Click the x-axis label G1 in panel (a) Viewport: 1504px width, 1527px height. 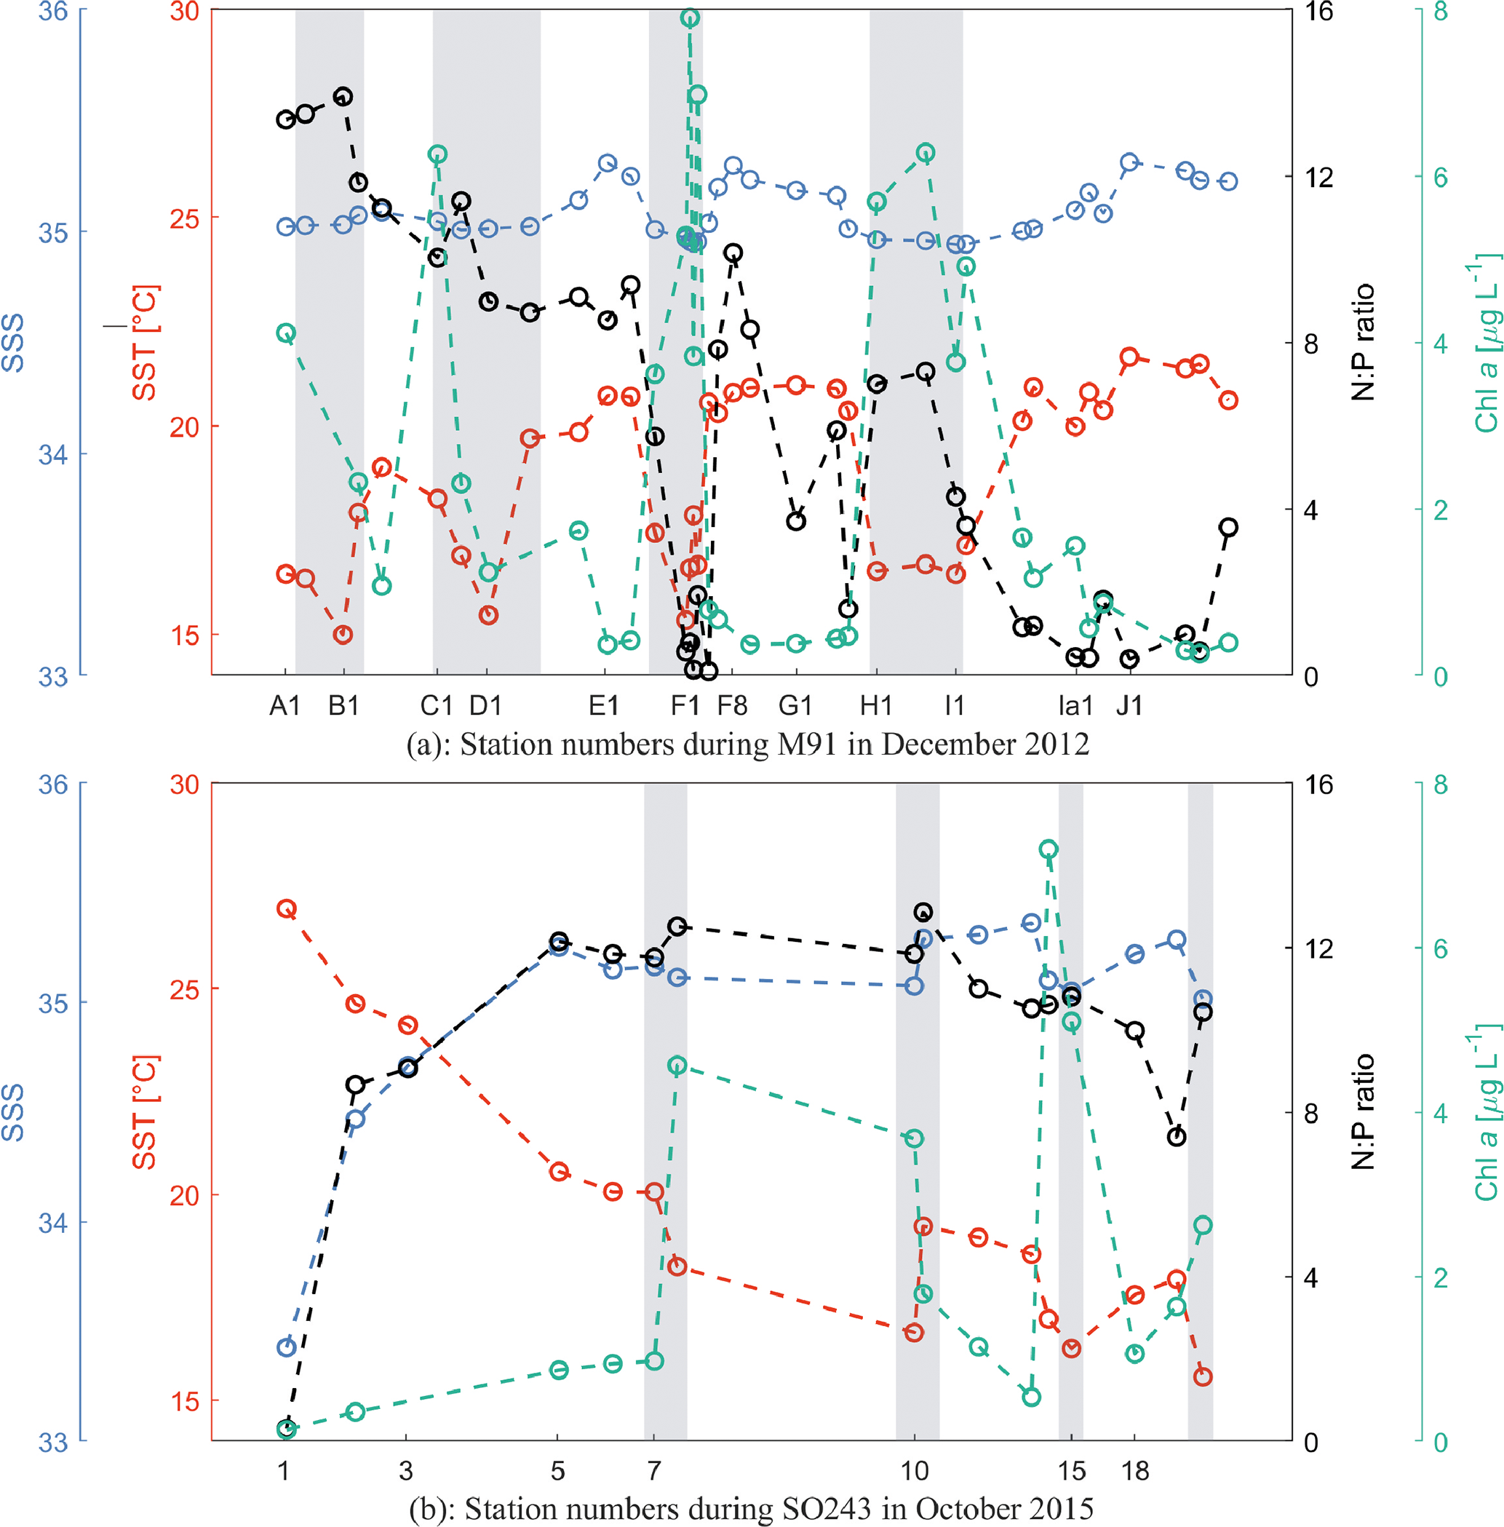tap(795, 705)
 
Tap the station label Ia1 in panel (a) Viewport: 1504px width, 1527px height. tap(1075, 705)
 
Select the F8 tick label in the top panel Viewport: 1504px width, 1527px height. tap(732, 705)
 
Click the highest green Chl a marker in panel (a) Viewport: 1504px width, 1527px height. tap(690, 18)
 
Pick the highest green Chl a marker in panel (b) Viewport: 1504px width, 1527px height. tap(1049, 850)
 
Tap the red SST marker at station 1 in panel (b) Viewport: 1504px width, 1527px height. tap(286, 908)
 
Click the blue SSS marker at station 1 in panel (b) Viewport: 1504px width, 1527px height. tap(286, 1348)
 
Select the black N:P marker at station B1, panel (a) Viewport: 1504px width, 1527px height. tap(343, 96)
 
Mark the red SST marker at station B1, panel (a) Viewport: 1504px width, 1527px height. tap(342, 635)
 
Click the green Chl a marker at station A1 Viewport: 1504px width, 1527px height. tap(286, 333)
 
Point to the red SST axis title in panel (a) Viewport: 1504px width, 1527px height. tap(146, 342)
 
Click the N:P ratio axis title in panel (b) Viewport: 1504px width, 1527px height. tap(1364, 1111)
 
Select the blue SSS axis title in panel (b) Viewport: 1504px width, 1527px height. tap(13, 1111)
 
